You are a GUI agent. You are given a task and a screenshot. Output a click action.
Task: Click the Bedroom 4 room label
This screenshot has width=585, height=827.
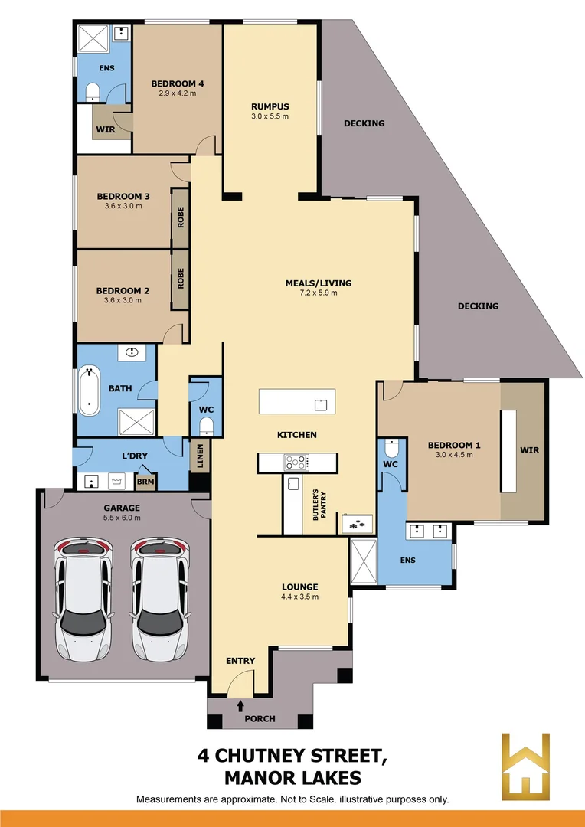[177, 83]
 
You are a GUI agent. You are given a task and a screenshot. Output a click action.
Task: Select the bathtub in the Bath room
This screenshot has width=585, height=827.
[90, 390]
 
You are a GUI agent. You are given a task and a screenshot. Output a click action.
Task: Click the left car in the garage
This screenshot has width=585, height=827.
[83, 599]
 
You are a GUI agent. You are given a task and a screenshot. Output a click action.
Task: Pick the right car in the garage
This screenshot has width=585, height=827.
[159, 599]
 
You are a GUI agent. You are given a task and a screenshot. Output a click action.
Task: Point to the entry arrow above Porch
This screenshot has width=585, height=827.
[241, 704]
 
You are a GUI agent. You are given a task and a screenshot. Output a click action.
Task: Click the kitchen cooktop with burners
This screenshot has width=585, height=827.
[296, 462]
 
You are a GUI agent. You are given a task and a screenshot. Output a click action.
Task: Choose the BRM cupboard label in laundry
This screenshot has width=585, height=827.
[144, 482]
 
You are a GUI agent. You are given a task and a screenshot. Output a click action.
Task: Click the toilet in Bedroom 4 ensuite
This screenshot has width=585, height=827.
[92, 93]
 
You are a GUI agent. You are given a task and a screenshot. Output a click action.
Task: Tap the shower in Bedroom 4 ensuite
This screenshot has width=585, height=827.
[94, 38]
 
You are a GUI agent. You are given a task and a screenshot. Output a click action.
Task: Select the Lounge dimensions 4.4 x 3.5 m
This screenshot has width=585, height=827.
[299, 597]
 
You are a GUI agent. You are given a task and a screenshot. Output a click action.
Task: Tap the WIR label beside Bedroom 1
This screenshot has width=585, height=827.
[529, 450]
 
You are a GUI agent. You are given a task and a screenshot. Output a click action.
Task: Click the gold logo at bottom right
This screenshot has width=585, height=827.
[525, 766]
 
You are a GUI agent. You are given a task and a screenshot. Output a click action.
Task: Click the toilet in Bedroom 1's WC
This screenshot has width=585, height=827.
[391, 446]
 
